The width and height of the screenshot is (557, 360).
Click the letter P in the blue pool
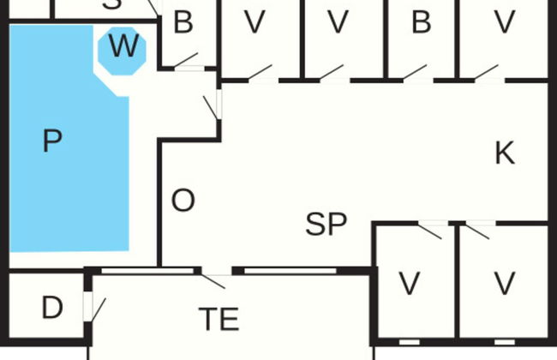(52, 141)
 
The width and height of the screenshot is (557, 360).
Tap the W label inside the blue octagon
(123, 48)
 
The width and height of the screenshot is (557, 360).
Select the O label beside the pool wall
(183, 201)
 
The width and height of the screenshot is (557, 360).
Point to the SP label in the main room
(326, 225)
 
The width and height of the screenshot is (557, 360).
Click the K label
(505, 153)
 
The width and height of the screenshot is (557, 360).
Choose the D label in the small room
(52, 308)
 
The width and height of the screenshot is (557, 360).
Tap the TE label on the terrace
(219, 319)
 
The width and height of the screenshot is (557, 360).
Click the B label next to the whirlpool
(183, 23)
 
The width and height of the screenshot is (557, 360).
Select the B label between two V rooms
(421, 23)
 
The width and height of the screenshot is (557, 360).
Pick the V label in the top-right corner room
(505, 23)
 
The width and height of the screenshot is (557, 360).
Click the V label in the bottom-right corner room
(505, 282)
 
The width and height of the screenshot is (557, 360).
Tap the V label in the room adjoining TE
(411, 282)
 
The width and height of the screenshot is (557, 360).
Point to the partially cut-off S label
(111, 4)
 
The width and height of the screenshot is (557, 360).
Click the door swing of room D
(97, 309)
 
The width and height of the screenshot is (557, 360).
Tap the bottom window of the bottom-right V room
(505, 342)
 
